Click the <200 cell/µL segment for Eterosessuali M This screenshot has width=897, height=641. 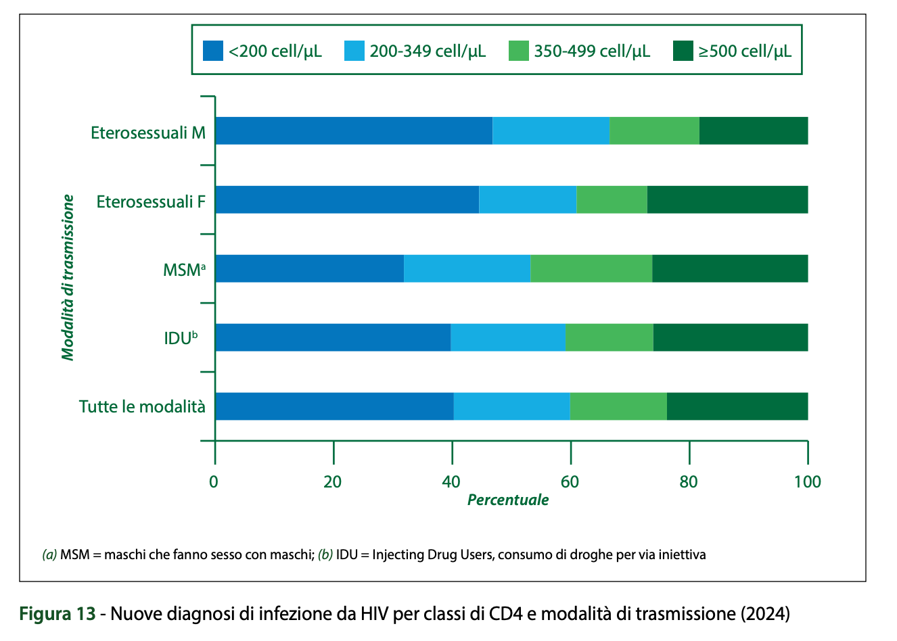click(354, 130)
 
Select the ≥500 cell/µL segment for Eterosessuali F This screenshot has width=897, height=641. click(727, 199)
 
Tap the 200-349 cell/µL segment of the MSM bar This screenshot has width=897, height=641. click(467, 268)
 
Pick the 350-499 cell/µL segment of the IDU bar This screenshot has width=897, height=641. click(609, 337)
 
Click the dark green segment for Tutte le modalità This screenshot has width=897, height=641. click(737, 406)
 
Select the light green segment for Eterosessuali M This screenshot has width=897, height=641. click(654, 130)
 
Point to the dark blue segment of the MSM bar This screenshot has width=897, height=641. click(309, 268)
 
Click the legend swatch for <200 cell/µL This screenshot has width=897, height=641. click(213, 51)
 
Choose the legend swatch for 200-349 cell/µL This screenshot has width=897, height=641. click(354, 51)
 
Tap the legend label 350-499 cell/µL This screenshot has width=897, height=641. click(592, 51)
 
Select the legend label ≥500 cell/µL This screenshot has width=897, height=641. click(745, 51)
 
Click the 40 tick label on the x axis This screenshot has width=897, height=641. click(451, 481)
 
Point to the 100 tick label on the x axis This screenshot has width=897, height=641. click(807, 481)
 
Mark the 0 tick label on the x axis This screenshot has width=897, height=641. click(214, 481)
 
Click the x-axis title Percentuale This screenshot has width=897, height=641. click(508, 500)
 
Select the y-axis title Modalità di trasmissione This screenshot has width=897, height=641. click(68, 277)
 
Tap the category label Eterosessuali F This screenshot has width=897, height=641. click(151, 201)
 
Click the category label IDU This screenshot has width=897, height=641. click(181, 338)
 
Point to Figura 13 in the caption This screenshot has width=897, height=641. click(57, 614)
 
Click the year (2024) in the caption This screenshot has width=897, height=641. click(764, 614)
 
